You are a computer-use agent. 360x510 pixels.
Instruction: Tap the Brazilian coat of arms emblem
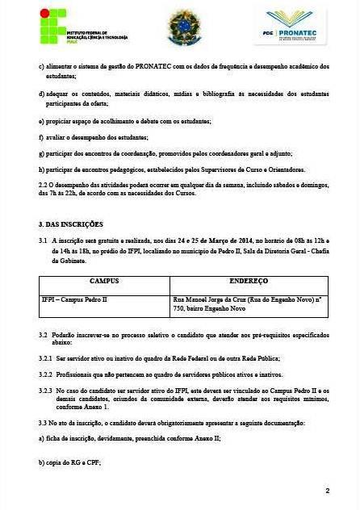pos(184,26)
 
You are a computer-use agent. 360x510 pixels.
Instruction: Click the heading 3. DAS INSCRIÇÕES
pos(71,224)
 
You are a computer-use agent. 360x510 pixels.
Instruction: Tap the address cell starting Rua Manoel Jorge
pos(248,303)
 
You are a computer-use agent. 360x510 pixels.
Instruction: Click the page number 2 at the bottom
pos(327,490)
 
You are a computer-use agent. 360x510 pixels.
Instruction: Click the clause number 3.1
pos(44,240)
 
